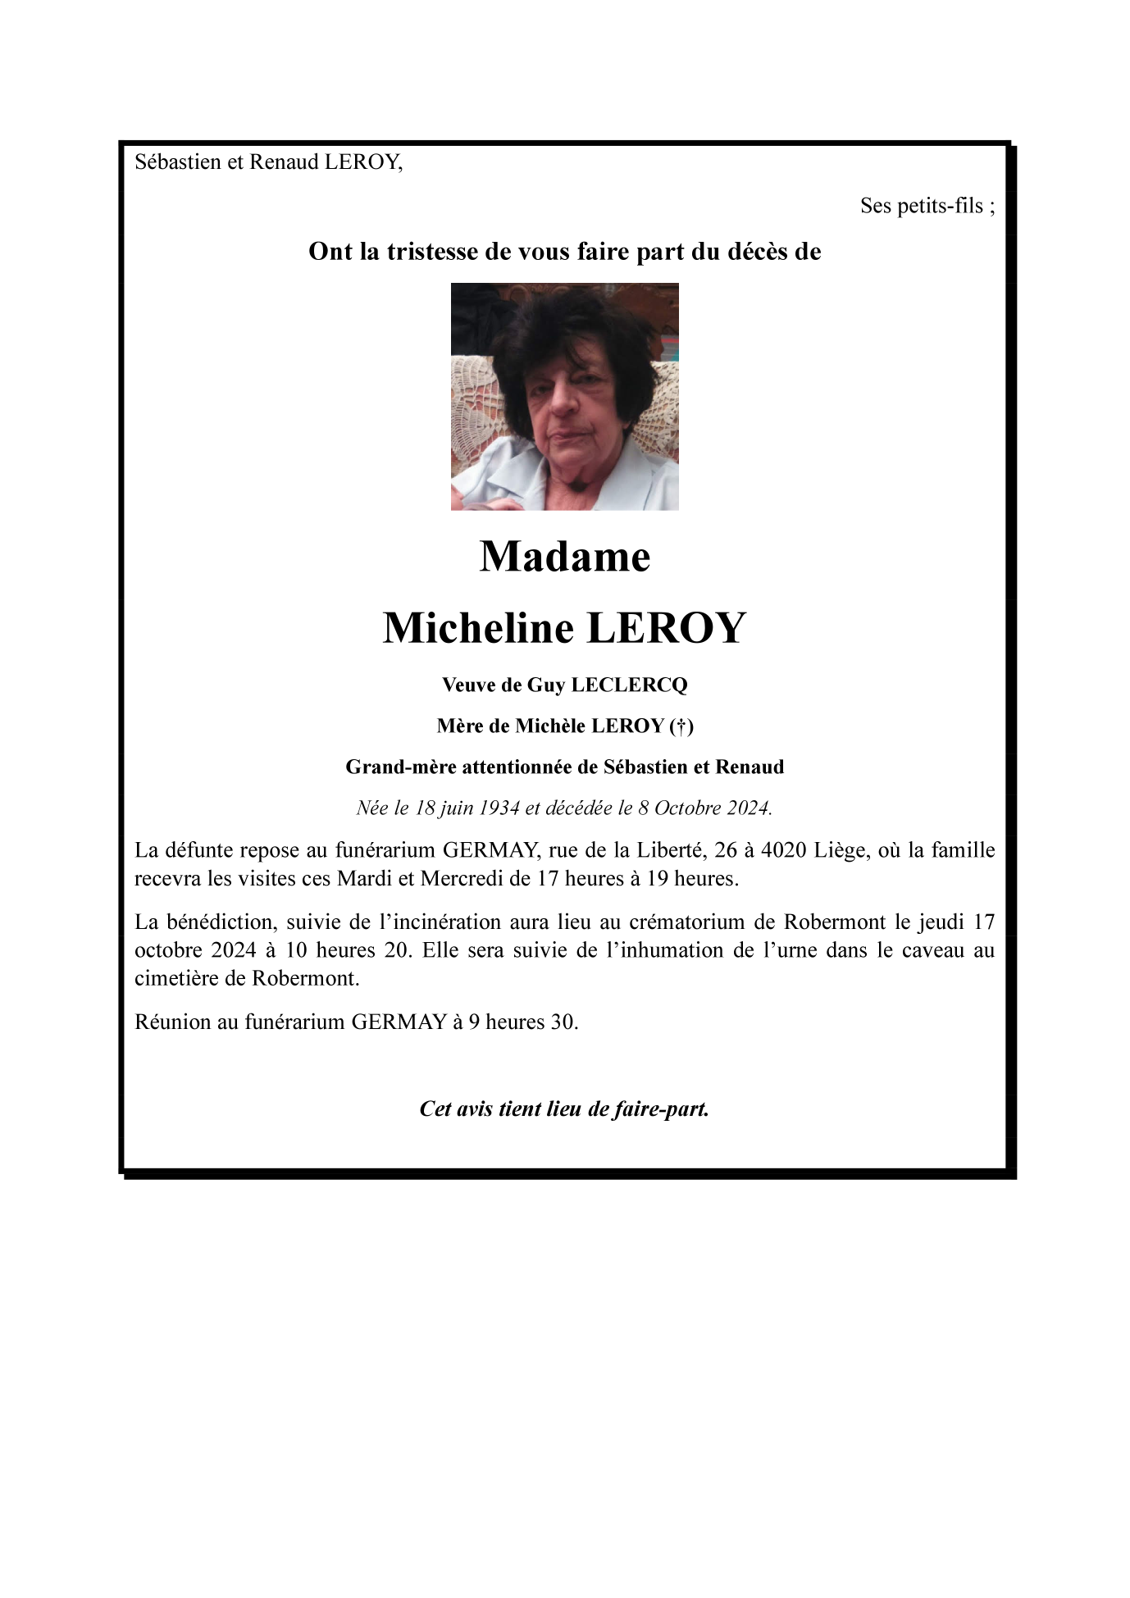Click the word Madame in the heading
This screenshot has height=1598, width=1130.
(x=564, y=558)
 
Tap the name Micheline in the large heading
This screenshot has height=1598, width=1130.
(x=478, y=629)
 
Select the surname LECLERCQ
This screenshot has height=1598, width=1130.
(x=629, y=685)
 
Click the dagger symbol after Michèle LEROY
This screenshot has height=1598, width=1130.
(x=681, y=726)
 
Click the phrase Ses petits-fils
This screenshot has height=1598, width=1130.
(x=922, y=206)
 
